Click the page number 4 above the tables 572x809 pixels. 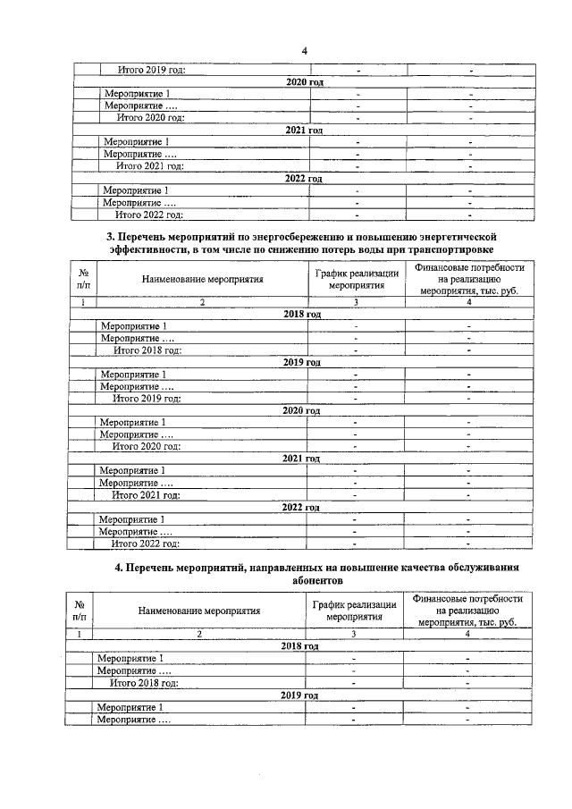point(304,50)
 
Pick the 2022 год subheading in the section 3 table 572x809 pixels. point(301,507)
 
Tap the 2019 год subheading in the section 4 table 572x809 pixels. point(299,695)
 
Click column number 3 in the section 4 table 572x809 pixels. point(354,633)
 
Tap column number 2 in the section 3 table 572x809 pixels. point(202,302)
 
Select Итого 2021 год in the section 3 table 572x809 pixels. point(147,494)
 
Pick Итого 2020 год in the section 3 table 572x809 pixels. point(147,446)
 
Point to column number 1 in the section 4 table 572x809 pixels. point(80,633)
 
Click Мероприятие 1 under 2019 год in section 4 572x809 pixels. point(130,707)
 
